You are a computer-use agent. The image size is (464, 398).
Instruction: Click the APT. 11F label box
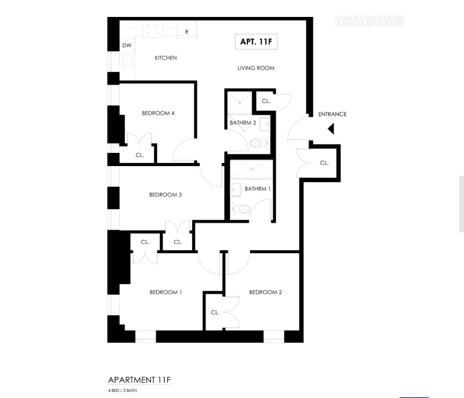(256, 41)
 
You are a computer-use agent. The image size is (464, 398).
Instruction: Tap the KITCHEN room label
(166, 58)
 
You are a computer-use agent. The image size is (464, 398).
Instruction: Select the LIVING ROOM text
(256, 68)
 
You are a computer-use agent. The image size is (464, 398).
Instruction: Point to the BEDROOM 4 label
(158, 113)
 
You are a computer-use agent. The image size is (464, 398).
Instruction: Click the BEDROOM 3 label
(165, 195)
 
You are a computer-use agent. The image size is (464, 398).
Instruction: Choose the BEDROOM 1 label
(166, 292)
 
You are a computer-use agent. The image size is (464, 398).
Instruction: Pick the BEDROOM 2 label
(265, 292)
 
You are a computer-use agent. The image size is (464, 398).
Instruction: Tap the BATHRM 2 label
(243, 123)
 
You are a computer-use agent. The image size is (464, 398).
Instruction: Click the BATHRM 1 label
(257, 189)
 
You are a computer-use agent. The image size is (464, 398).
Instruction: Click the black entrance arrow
(331, 128)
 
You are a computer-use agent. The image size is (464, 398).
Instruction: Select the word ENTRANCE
(332, 114)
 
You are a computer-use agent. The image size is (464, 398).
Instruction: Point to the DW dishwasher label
(127, 46)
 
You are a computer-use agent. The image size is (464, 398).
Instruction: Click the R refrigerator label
(187, 32)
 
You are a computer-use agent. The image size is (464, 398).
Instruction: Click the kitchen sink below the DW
(127, 61)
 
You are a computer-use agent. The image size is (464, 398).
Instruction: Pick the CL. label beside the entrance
(324, 163)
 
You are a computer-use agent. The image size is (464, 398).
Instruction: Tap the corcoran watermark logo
(369, 21)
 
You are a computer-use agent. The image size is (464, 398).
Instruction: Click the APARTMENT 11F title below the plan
(139, 380)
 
